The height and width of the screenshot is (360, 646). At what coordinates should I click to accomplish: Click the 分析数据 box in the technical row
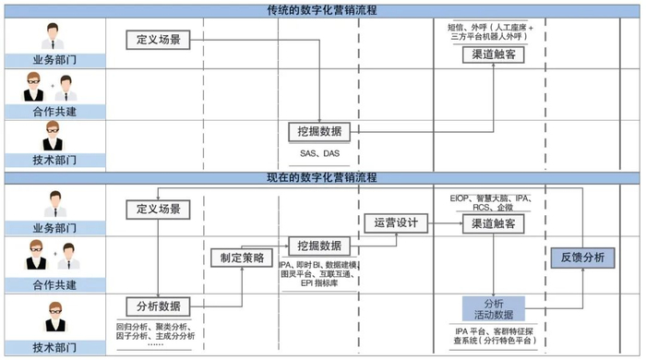coord(157,306)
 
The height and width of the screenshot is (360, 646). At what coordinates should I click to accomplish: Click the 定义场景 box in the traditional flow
coord(158,40)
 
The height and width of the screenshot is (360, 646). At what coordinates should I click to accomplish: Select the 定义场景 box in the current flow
coord(158,208)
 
